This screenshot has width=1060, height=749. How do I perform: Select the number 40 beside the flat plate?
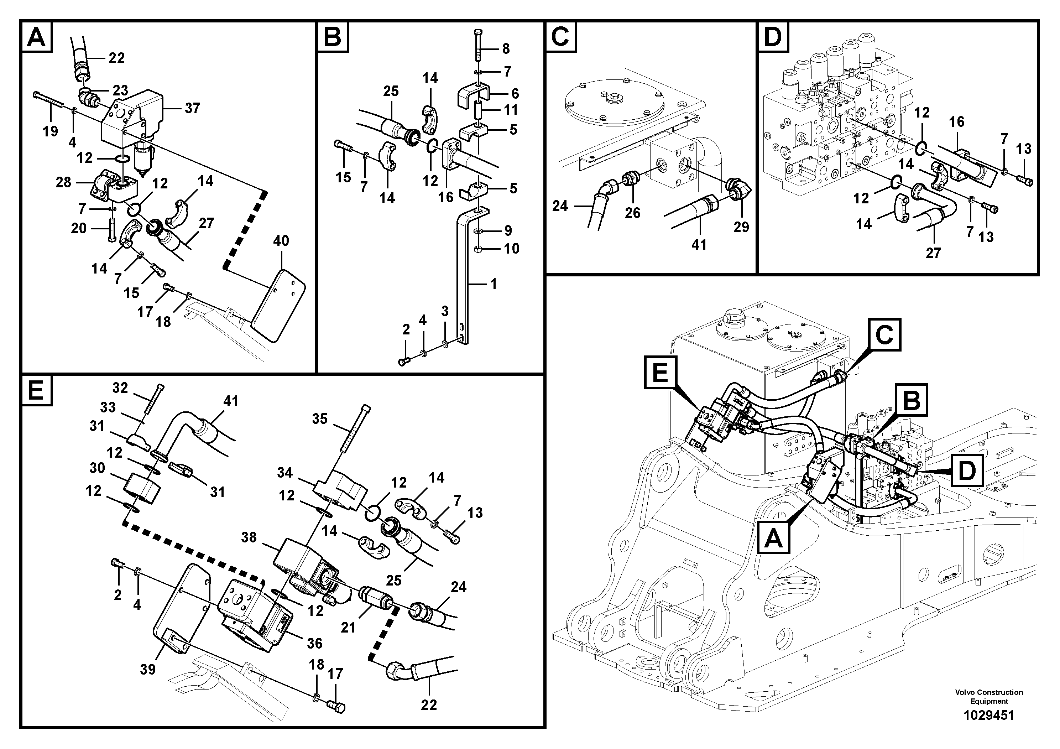pos(281,241)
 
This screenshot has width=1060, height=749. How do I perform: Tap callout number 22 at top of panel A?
pos(116,58)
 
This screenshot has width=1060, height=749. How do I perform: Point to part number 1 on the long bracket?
pos(494,284)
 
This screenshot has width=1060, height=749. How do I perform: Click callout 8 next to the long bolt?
pos(506,48)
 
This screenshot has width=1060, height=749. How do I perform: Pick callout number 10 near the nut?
pos(511,249)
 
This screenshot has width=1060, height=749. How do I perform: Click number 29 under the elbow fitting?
pos(741,227)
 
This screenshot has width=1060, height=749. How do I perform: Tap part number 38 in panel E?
pos(249,537)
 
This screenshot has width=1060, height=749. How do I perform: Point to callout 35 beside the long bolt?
pos(319,419)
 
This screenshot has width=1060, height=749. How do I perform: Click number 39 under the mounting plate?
pos(148,669)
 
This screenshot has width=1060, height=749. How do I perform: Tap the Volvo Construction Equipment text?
pos(989,696)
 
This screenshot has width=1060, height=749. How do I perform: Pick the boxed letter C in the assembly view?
pos(884,335)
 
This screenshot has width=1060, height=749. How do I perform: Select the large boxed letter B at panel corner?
pos(333,36)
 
